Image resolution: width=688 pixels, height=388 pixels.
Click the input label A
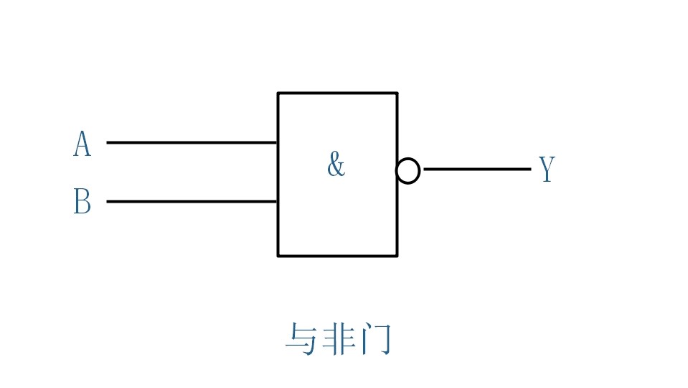[x=83, y=144]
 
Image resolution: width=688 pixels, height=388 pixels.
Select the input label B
[x=83, y=202]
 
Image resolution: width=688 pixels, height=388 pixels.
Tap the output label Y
[x=547, y=170]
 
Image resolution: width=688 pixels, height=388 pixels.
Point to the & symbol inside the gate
[x=336, y=165]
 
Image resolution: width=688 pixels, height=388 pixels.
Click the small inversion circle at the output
[x=407, y=171]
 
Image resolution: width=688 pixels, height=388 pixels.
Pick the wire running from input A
[x=192, y=142]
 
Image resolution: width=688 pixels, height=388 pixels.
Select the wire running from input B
[x=192, y=201]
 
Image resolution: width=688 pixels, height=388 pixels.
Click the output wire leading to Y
[x=476, y=170]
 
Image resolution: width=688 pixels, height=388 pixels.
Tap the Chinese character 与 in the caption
[x=301, y=339]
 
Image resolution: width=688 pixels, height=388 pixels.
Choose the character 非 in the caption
[x=338, y=339]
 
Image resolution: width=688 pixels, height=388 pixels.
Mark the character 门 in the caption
[x=376, y=339]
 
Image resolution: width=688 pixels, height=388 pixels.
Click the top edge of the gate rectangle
[x=337, y=93]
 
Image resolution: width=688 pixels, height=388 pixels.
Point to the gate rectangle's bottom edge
[x=337, y=255]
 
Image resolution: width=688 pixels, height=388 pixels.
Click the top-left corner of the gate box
[x=278, y=93]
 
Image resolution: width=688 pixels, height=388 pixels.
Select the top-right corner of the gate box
[x=397, y=93]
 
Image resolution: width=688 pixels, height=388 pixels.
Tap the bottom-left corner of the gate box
[x=278, y=255]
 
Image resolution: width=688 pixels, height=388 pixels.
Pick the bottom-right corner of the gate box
[x=397, y=255]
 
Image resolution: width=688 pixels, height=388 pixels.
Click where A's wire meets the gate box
[x=278, y=142]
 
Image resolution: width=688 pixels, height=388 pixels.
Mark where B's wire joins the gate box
[x=278, y=201]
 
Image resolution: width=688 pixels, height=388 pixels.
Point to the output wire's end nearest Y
[x=529, y=170]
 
